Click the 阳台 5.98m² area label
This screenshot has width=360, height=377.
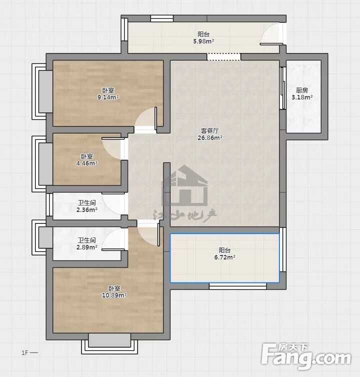pos(203,37)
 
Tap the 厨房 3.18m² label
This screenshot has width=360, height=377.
pos(302,94)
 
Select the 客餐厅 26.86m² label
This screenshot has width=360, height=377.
pos(209,134)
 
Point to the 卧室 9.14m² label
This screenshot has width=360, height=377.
pos(108,94)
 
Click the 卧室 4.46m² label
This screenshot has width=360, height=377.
pos(87,160)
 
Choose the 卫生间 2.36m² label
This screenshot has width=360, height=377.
pos(87,206)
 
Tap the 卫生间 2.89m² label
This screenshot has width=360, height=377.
pos(87,243)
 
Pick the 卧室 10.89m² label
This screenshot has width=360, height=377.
pos(114,291)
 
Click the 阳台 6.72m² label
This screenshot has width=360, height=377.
pos(224,253)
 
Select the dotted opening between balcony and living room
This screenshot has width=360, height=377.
pos(223,56)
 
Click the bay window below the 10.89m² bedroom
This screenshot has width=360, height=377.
pos(109,343)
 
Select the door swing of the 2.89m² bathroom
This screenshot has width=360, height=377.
pos(113,239)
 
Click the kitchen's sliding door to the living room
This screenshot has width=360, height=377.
pos(283,88)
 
